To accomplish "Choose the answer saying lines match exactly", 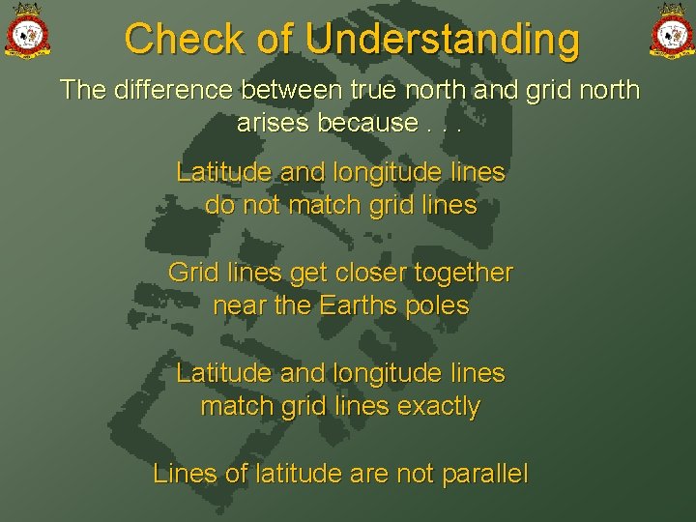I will click(340, 390).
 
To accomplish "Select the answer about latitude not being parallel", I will click(340, 474).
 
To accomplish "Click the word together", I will click(462, 273).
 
